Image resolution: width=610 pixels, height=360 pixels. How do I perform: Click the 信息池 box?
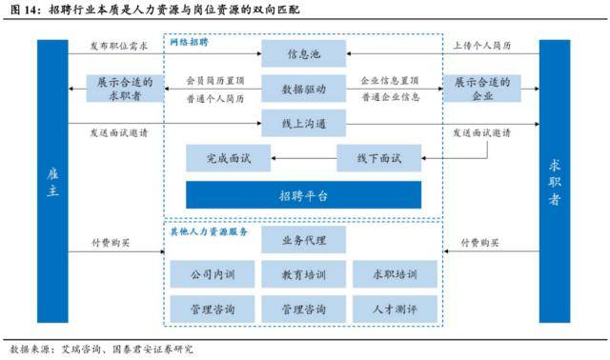(x=304, y=53)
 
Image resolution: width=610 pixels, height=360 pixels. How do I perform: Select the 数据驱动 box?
(x=304, y=89)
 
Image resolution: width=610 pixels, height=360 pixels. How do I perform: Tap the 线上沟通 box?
(x=304, y=123)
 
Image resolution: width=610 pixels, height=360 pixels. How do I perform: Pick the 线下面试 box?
(x=378, y=157)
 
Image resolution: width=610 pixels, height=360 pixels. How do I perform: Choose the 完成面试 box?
(x=229, y=157)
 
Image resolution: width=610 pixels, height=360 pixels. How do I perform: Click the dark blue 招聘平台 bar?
(x=304, y=195)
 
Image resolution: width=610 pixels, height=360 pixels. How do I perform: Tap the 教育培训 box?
(x=304, y=274)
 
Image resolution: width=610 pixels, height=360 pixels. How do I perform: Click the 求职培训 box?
(x=395, y=274)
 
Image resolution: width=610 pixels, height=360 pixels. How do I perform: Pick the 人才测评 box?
(x=395, y=310)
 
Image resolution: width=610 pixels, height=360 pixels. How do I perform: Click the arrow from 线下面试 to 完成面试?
(x=304, y=157)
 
